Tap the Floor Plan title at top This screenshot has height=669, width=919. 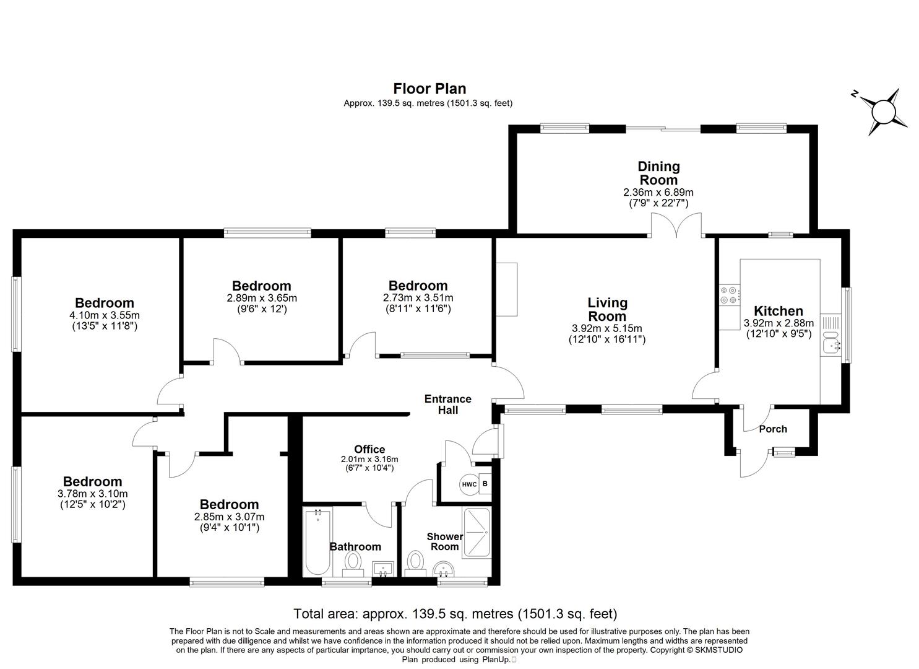tap(429, 89)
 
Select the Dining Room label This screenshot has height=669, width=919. tap(658, 173)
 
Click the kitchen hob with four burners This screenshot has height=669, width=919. tap(729, 295)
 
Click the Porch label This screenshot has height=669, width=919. tap(773, 429)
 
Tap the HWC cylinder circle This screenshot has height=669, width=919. tap(468, 484)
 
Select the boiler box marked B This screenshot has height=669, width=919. tap(485, 484)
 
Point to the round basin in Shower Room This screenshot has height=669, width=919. tap(443, 568)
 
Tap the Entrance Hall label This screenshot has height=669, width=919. tap(447, 404)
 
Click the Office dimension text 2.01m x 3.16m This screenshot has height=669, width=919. tap(369, 459)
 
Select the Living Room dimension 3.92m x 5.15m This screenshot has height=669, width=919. tap(607, 328)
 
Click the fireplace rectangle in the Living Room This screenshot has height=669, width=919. tap(506, 289)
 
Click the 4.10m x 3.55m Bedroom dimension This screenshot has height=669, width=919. tap(105, 315)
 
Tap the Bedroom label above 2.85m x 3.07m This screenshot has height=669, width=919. tap(229, 504)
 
